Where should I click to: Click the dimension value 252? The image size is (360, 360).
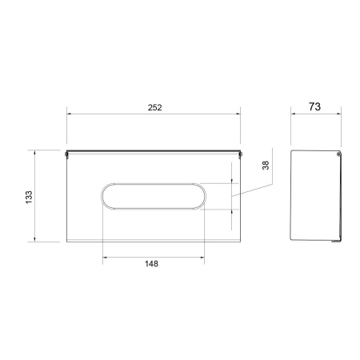(x=154, y=107)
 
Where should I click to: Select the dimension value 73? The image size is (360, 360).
(x=314, y=106)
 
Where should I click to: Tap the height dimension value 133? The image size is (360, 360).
(x=29, y=198)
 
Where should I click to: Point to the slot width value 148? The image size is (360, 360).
(x=151, y=264)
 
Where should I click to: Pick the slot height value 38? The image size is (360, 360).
(x=266, y=166)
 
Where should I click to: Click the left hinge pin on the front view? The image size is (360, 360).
(x=66, y=154)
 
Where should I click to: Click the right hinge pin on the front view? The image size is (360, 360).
(x=240, y=154)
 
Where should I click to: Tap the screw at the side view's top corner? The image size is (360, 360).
(x=338, y=154)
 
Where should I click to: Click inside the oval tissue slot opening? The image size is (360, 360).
(x=154, y=196)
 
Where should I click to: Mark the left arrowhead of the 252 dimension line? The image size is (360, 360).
(x=69, y=114)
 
